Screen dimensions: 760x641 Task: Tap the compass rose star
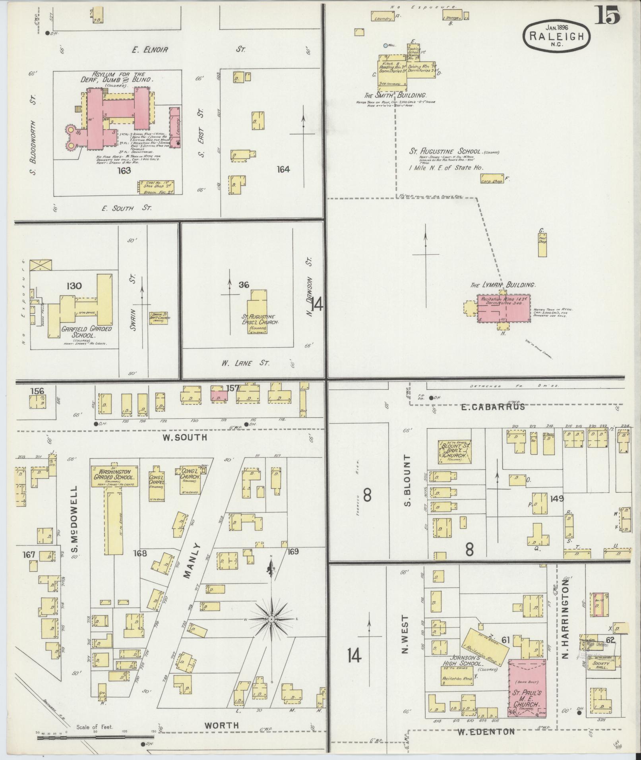tap(271, 630)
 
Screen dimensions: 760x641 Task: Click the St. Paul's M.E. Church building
tap(527, 687)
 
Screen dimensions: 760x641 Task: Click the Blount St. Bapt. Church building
tap(454, 451)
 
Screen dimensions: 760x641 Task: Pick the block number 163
tap(124, 171)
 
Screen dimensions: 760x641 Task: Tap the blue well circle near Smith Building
tap(385, 46)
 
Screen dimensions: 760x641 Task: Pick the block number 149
tap(556, 498)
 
